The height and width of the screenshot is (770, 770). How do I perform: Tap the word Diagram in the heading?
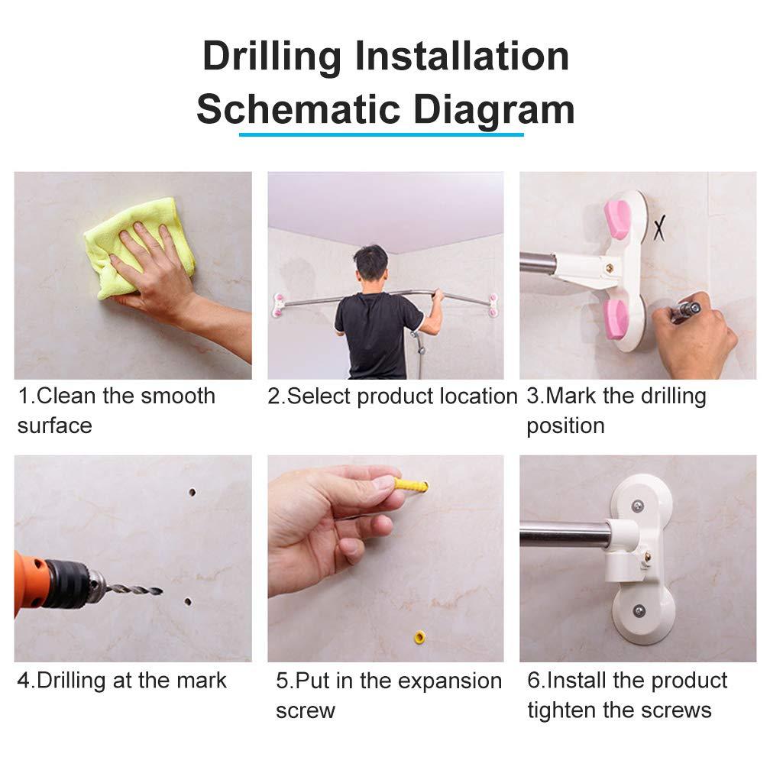point(493,111)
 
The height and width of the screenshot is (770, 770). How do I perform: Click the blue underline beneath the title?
point(381,134)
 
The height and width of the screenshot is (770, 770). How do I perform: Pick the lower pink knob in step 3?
point(616,319)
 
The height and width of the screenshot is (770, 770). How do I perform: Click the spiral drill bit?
point(134,589)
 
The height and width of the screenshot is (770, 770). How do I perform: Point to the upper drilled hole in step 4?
point(192,492)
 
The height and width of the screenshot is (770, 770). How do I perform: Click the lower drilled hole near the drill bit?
point(188,602)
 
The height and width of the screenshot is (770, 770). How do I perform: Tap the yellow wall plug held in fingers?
point(410,486)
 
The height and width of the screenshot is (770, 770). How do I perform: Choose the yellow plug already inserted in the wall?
point(420,637)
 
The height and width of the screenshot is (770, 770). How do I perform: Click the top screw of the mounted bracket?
point(637,506)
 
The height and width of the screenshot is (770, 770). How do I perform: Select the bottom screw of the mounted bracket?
point(639,611)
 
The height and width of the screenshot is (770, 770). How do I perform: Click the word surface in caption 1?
point(54,426)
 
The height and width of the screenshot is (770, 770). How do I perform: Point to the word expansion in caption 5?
point(450,682)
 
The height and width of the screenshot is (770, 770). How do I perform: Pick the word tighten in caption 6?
point(565,711)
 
